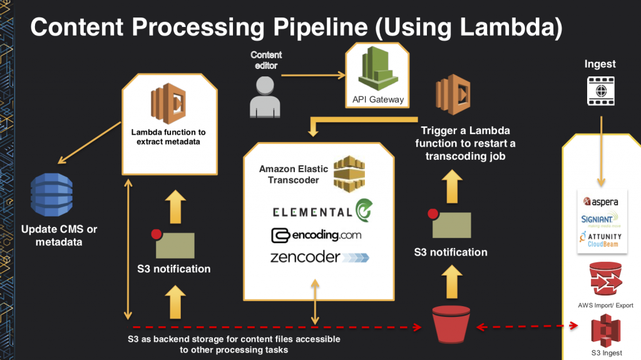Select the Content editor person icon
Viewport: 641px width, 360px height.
click(x=262, y=96)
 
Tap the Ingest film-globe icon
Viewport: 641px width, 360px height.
click(x=600, y=91)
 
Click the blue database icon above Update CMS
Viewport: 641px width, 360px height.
click(x=51, y=197)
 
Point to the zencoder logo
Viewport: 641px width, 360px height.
click(x=319, y=257)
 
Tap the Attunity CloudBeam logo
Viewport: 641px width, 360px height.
click(x=601, y=239)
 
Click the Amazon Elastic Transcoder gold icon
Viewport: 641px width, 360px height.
click(x=349, y=173)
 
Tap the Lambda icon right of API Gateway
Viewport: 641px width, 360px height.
click(x=453, y=96)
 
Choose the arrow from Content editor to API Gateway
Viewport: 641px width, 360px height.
click(x=313, y=76)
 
